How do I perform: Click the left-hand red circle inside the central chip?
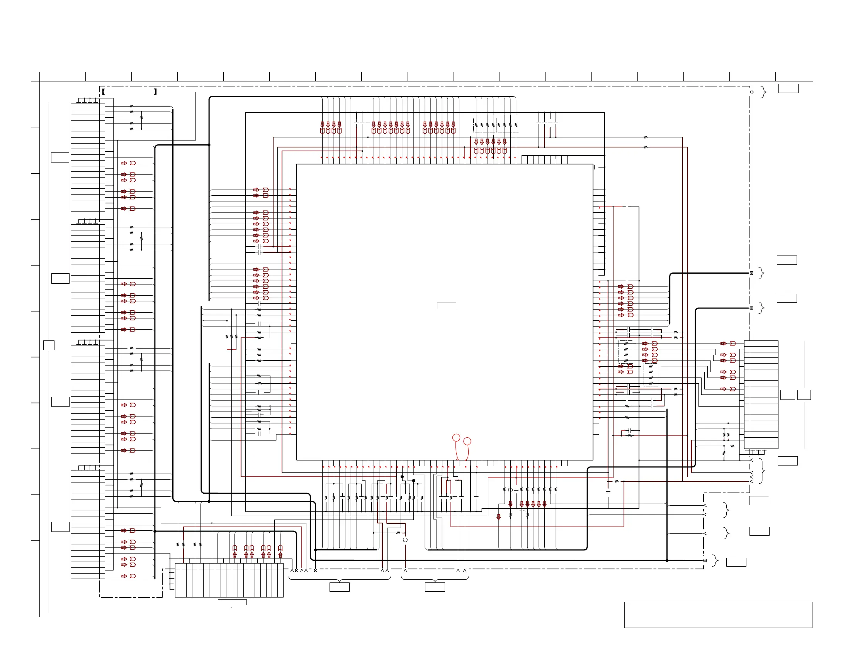(456, 438)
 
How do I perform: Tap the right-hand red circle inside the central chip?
(467, 442)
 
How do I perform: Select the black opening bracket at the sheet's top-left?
(103, 92)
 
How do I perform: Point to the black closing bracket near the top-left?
(156, 92)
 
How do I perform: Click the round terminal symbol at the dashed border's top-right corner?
(751, 92)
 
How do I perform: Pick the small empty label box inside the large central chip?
(446, 306)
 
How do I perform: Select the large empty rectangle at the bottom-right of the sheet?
(718, 615)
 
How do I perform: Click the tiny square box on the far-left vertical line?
(49, 345)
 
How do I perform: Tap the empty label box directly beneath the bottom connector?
(232, 603)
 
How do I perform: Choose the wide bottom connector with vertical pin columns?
(229, 580)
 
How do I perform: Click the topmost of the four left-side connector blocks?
(88, 157)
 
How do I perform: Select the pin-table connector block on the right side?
(761, 394)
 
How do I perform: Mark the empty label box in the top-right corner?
(788, 88)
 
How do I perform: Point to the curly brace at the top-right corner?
(763, 92)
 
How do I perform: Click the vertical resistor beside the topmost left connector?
(141, 117)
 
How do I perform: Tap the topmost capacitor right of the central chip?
(627, 207)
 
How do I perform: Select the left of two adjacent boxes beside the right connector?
(787, 395)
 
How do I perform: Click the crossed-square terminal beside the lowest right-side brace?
(705, 560)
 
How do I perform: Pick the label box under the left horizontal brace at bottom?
(340, 587)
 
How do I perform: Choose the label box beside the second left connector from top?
(60, 279)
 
